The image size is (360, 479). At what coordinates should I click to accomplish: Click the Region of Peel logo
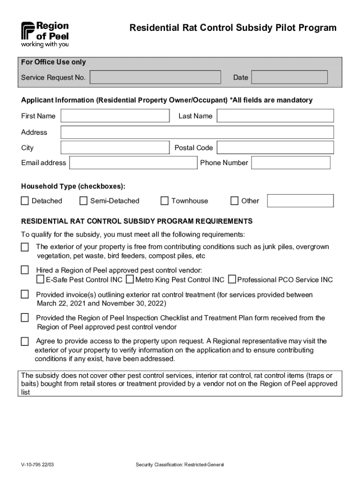coord(45,34)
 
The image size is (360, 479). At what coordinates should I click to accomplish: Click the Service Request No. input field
coord(155,78)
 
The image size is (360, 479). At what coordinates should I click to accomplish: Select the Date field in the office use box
coord(289,78)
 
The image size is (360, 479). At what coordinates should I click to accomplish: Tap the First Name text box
coord(115,116)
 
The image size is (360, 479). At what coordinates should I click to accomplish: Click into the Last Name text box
coord(275,116)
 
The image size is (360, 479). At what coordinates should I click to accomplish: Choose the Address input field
coord(197,132)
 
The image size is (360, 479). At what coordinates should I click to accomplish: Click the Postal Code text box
coord(275,148)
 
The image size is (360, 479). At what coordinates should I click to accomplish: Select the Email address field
coord(133,163)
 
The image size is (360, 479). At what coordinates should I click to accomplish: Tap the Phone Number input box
coord(290,163)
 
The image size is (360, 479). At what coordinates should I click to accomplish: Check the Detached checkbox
coord(25,201)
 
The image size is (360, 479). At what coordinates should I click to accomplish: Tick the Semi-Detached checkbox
coord(83,201)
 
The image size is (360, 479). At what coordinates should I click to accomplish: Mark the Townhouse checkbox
coord(165,201)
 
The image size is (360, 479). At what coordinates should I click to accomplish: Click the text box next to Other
coord(300,201)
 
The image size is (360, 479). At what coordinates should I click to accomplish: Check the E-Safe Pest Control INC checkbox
coord(40,280)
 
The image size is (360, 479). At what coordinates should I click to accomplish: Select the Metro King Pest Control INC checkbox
coord(130,280)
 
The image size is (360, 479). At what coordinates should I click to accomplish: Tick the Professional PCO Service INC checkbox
coord(232,280)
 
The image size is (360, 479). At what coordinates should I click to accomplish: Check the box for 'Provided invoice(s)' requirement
coord(25,295)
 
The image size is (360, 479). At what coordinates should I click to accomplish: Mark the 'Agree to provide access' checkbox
coord(25,341)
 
